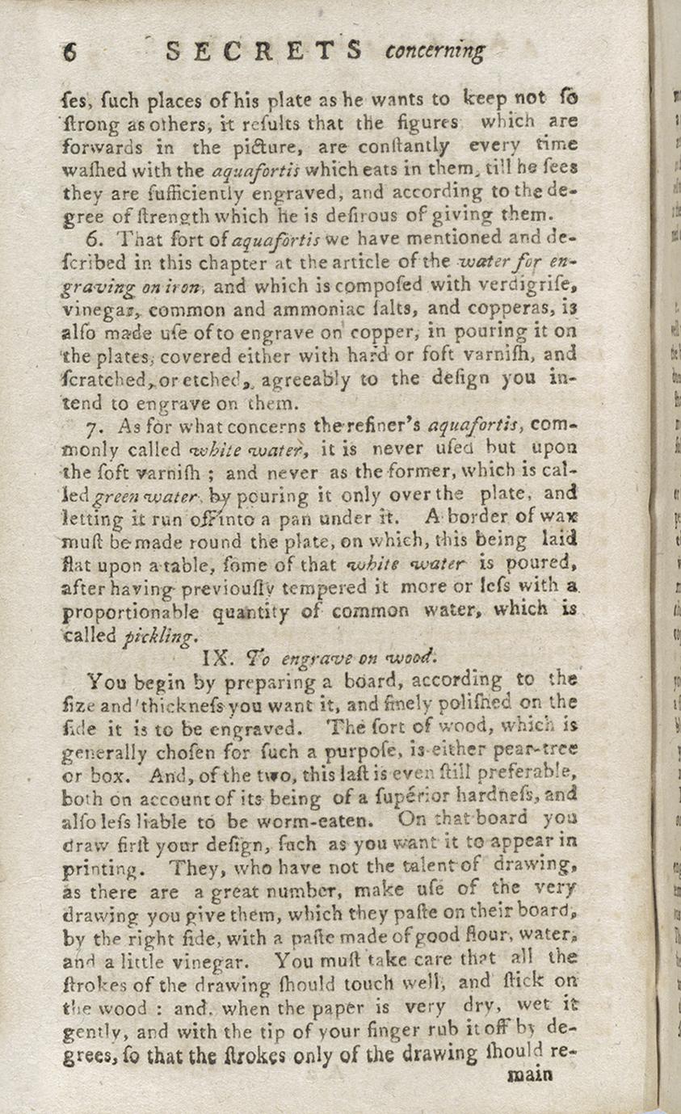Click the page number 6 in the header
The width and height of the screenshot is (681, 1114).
coord(69,52)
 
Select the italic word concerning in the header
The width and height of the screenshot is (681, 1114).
coord(435,52)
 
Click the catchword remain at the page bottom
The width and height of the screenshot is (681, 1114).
coord(529,1074)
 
